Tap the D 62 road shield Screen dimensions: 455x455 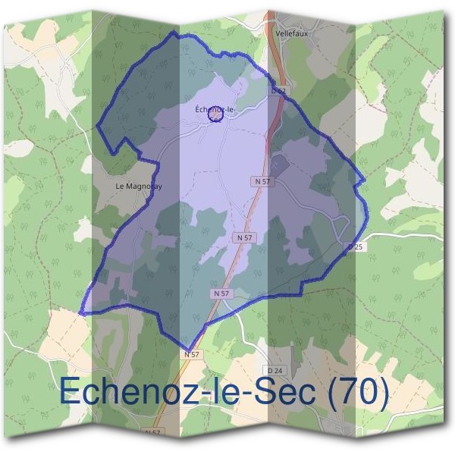(x=278, y=91)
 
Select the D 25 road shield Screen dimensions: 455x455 (x=356, y=247)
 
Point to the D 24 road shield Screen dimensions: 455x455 (x=275, y=370)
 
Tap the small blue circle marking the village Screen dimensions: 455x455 (x=215, y=114)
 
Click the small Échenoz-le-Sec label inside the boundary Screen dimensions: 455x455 (x=215, y=112)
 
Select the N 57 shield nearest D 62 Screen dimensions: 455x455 (x=262, y=182)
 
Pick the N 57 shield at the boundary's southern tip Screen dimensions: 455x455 (x=192, y=354)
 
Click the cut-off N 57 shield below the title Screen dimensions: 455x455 (x=152, y=432)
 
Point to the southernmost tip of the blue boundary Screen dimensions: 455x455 (x=187, y=349)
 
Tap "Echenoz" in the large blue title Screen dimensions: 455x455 (x=123, y=393)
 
